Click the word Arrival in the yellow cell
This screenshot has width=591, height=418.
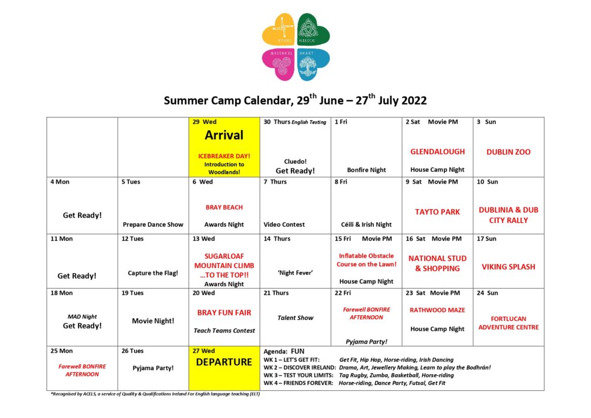tap(225, 135)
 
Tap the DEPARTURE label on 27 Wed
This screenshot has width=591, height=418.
tap(225, 362)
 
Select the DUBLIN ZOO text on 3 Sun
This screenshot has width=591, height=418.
tap(508, 152)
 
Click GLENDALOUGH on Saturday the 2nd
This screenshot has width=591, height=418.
tap(437, 152)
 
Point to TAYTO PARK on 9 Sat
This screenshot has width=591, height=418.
tap(437, 212)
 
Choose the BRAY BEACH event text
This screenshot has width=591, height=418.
tap(225, 207)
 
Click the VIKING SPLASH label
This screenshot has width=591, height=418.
tap(508, 267)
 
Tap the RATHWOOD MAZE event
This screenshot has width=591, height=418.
tap(437, 310)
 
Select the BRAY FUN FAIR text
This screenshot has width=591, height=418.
tap(225, 313)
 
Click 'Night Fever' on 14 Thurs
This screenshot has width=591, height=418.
tap(295, 273)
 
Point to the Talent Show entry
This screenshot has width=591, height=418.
tap(295, 318)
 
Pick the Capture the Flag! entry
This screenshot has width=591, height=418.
tap(153, 273)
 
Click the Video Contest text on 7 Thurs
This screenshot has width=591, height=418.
tap(284, 225)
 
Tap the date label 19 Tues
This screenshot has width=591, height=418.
tap(133, 293)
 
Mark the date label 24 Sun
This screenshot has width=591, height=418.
tap(488, 293)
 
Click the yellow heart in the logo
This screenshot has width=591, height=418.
tap(279, 30)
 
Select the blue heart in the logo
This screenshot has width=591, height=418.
tap(313, 64)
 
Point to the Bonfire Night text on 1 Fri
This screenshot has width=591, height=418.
tap(366, 170)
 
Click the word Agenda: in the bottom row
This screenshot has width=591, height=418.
tap(276, 351)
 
